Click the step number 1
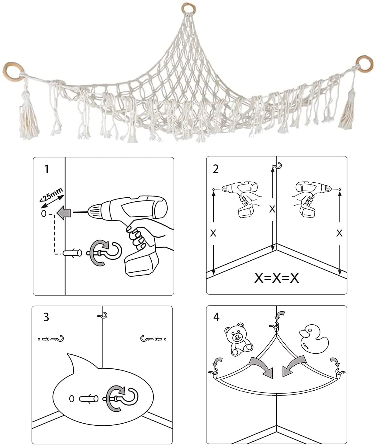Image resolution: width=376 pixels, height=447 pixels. (47, 169)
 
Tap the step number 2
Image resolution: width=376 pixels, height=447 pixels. (216, 169)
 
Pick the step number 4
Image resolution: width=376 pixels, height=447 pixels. (217, 317)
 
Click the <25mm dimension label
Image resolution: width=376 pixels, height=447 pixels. (51, 195)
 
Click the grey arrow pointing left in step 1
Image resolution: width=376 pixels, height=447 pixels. (64, 213)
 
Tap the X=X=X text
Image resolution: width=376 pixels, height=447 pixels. (277, 278)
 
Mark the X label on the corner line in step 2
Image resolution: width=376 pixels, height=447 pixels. (272, 209)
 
